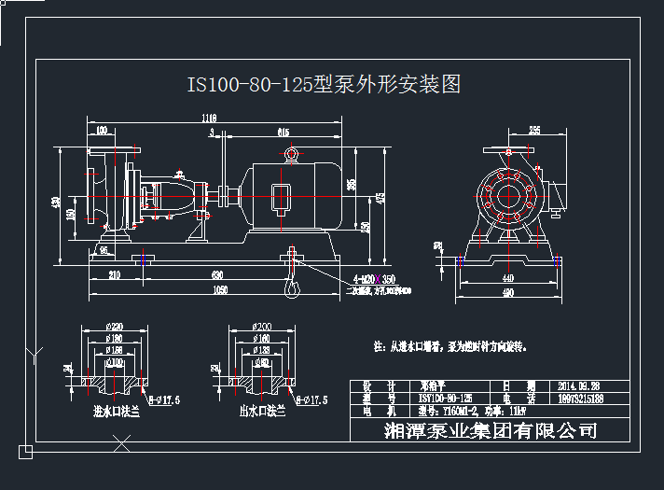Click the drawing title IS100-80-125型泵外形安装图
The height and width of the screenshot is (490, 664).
click(324, 85)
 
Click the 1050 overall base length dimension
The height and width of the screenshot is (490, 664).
click(219, 290)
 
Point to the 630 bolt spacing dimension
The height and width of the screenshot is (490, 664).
click(217, 275)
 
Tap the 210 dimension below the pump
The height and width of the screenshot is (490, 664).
click(115, 275)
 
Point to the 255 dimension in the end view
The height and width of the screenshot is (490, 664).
click(534, 130)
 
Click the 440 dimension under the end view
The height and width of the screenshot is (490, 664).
click(507, 278)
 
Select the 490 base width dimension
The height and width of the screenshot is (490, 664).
click(507, 293)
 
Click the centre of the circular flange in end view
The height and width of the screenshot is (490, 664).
click(508, 195)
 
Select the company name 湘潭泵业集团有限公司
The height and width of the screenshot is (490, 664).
click(490, 430)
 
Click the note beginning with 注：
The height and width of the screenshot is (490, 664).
click(450, 345)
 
